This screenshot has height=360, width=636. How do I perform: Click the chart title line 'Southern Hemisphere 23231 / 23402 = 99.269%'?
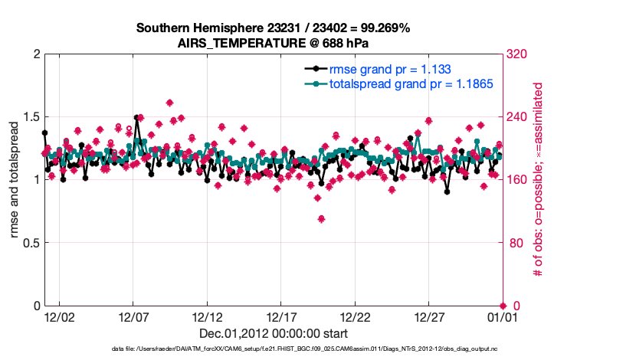(x=273, y=28)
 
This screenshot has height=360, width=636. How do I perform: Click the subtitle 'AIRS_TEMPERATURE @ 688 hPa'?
(x=273, y=43)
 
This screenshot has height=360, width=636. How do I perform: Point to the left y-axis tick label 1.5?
(x=28, y=117)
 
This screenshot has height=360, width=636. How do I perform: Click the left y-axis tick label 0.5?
(x=28, y=243)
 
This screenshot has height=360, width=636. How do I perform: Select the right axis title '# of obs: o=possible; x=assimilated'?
(x=539, y=180)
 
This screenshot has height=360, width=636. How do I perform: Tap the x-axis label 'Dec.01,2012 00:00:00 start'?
(x=273, y=333)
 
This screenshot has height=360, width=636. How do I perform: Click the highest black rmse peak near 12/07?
(x=136, y=118)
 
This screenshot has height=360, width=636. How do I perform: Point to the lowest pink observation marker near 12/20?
(x=322, y=219)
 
